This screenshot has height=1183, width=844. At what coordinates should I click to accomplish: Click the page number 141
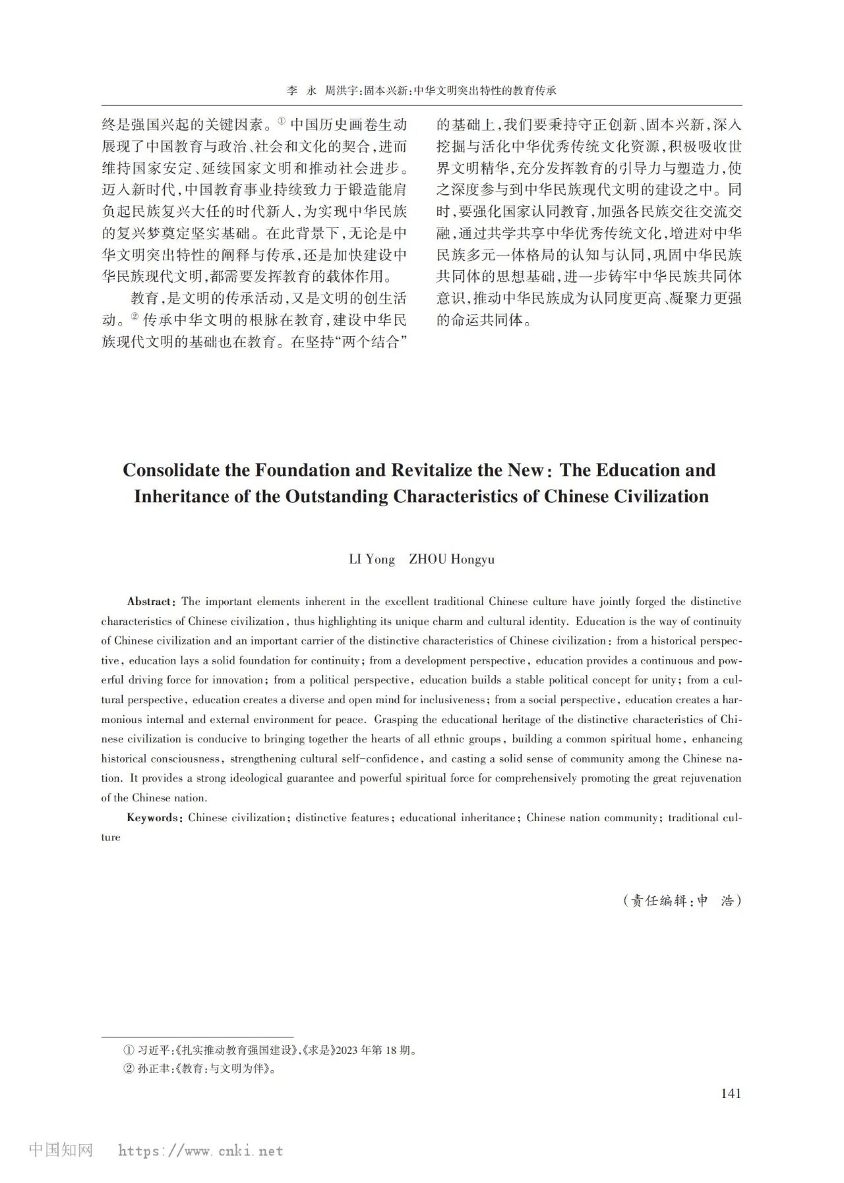point(731,1093)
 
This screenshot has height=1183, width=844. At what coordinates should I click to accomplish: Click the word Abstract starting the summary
point(150,602)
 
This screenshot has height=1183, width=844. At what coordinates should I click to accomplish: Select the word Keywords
point(152,818)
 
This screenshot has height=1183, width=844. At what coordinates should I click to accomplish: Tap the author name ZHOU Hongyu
point(452,560)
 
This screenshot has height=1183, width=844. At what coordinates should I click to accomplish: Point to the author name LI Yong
point(372,560)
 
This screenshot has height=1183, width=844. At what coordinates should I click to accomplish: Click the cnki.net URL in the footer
point(200,1151)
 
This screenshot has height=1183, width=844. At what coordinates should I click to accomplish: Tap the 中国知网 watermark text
point(61,1150)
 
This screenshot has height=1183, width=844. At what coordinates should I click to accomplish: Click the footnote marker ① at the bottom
point(129,1050)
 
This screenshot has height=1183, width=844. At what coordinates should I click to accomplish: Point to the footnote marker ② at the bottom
point(129,1069)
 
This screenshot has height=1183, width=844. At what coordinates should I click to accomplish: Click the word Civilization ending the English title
point(661,496)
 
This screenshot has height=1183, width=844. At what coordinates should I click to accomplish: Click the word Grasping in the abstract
point(398,720)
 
